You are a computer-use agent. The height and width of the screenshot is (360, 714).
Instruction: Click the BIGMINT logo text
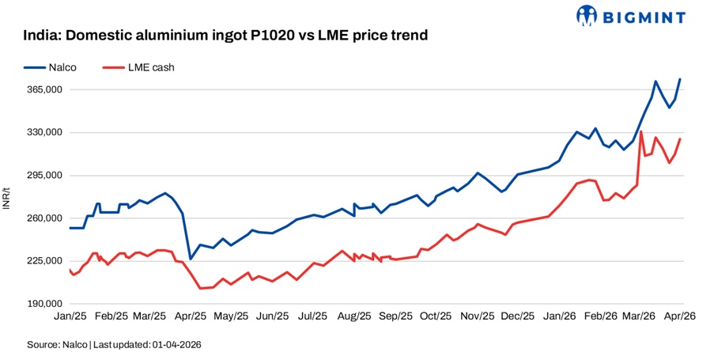click(644, 16)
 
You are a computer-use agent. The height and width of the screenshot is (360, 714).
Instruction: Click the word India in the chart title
click(40, 36)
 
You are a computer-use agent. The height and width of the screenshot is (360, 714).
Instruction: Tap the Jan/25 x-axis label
click(70, 316)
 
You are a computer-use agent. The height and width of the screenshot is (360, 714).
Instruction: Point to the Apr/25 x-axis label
click(191, 316)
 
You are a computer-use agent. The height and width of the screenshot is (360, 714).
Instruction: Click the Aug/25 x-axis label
click(354, 316)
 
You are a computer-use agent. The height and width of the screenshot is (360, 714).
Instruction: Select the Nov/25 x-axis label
click(477, 316)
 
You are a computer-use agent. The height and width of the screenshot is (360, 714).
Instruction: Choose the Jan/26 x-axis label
click(559, 316)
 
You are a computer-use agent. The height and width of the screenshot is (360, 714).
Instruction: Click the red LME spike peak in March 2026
click(640, 131)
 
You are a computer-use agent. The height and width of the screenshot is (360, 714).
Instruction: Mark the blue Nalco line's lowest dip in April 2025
click(190, 259)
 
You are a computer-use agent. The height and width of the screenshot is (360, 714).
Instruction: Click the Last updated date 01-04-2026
click(185, 345)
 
